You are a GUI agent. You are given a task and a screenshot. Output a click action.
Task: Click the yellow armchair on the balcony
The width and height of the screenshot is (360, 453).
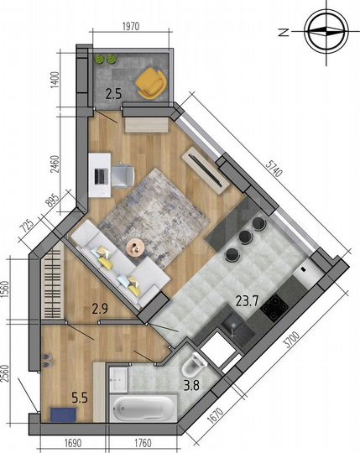(151, 82)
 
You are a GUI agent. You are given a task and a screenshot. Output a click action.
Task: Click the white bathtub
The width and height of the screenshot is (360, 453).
(143, 409)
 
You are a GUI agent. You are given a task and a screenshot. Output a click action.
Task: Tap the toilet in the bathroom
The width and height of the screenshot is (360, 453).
(192, 366)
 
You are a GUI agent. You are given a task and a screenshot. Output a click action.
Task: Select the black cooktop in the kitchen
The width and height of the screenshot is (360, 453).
(274, 307)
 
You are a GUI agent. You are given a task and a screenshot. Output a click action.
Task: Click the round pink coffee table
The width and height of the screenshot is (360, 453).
(135, 246)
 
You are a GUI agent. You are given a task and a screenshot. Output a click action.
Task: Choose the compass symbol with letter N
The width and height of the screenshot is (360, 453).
(323, 32)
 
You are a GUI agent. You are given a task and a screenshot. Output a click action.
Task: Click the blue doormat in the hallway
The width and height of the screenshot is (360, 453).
(60, 413)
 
